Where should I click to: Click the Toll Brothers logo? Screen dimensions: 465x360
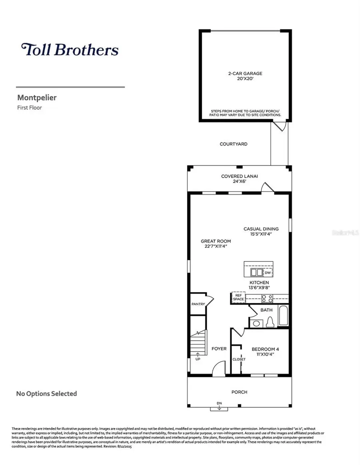pyautogui.click(x=70, y=50)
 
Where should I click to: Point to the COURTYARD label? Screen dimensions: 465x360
pyautogui.click(x=234, y=144)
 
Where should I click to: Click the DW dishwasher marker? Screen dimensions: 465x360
pyautogui.click(x=268, y=273)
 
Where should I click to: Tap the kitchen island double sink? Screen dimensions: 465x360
pyautogui.click(x=256, y=273)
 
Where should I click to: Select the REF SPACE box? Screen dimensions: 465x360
pyautogui.click(x=238, y=297)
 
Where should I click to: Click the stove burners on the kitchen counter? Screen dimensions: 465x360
pyautogui.click(x=267, y=298)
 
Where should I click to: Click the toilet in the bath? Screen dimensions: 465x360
pyautogui.click(x=270, y=322)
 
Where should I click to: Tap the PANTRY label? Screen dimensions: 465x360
pyautogui.click(x=198, y=304)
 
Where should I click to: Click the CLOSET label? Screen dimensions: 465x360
pyautogui.click(x=239, y=359)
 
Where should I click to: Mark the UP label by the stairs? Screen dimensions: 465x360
pyautogui.click(x=198, y=359)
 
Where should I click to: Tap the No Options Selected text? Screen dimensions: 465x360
pyautogui.click(x=46, y=394)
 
